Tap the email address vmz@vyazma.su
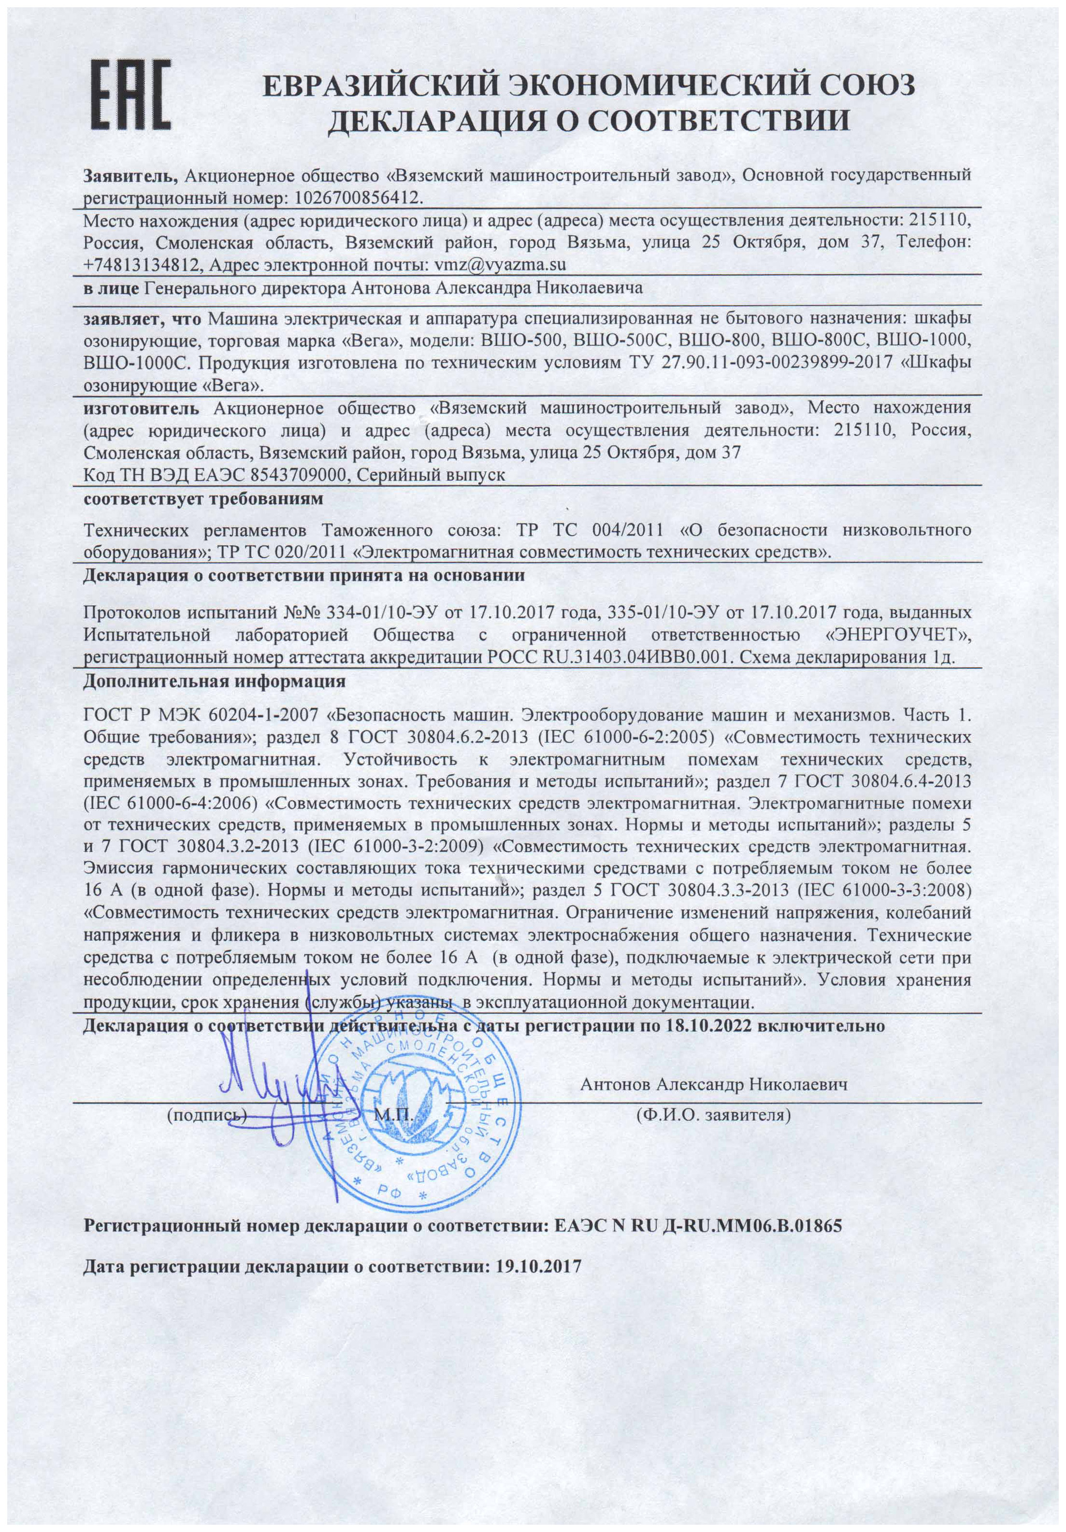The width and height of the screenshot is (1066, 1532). tap(500, 264)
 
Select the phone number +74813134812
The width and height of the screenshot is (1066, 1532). tap(142, 264)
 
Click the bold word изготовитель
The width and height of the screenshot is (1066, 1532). tap(141, 407)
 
